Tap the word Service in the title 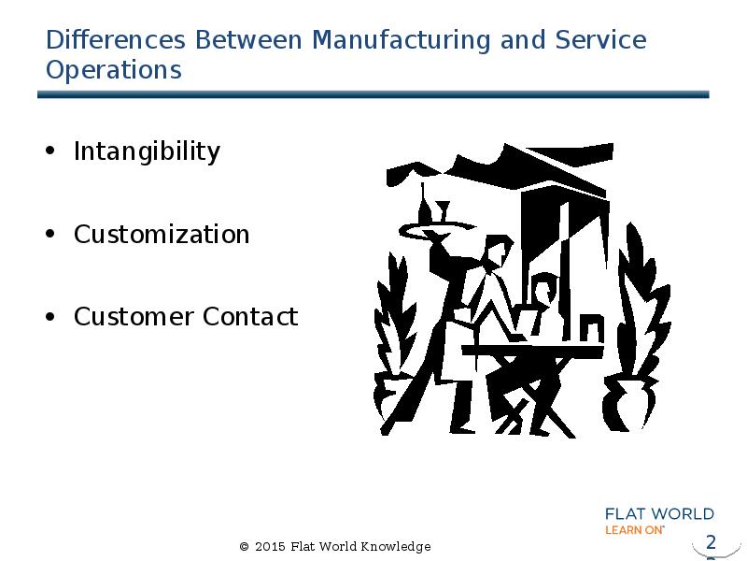pyautogui.click(x=600, y=41)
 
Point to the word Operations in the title pyautogui.click(x=113, y=70)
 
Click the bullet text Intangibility pyautogui.click(x=147, y=151)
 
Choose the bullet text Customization pyautogui.click(x=162, y=234)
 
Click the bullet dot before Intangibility pyautogui.click(x=50, y=152)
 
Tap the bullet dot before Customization pyautogui.click(x=50, y=235)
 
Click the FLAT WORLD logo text pyautogui.click(x=659, y=514)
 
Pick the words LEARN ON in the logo pyautogui.click(x=634, y=529)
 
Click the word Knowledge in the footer pyautogui.click(x=398, y=546)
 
